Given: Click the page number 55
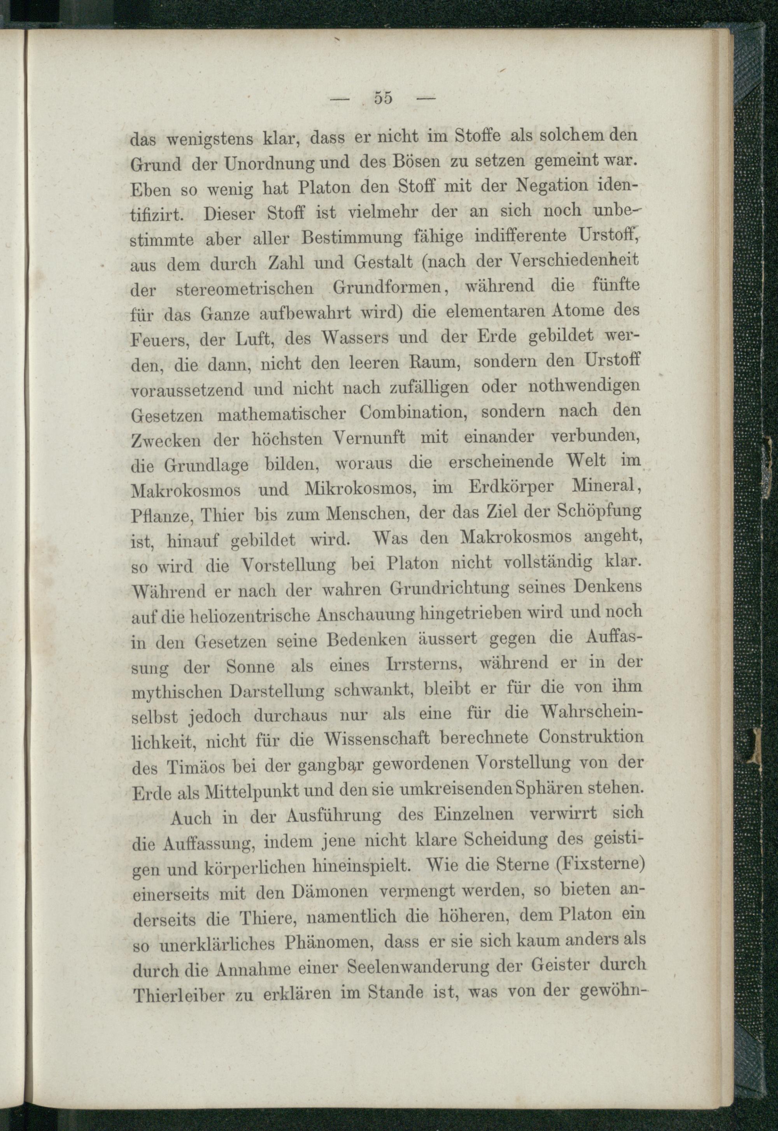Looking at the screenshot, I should pos(384,98).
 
